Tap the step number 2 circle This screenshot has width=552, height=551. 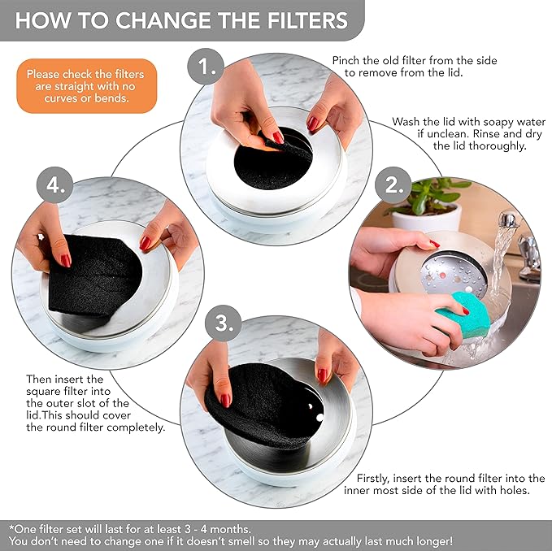396,184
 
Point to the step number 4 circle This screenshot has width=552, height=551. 55,185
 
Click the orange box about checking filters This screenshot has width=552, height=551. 77,86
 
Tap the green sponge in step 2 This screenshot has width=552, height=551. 462,310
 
